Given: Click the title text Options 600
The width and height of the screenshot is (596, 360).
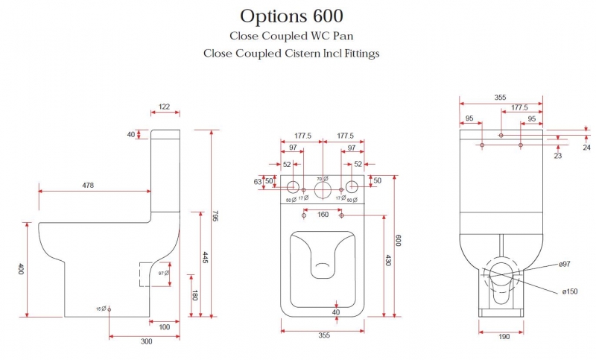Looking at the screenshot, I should (291, 16).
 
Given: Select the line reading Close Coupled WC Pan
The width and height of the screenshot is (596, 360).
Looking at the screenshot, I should (291, 35).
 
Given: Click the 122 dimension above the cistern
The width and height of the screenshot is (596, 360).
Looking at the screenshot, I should (165, 107).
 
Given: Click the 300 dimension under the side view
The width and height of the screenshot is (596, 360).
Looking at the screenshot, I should (146, 341).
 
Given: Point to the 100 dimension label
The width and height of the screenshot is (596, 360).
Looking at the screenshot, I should (164, 326).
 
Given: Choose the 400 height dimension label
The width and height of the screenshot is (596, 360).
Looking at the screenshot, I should (21, 268).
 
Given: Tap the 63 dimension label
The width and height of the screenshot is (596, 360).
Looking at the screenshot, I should (259, 180).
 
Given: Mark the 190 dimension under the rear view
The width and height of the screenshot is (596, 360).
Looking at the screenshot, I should (504, 337).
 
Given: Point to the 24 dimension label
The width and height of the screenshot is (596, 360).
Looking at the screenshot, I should (586, 148).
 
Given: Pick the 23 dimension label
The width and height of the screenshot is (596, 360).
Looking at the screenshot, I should (557, 156).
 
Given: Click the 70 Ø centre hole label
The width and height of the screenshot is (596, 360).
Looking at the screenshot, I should (323, 179).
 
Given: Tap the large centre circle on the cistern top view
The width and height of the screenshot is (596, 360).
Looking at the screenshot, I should (323, 190).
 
